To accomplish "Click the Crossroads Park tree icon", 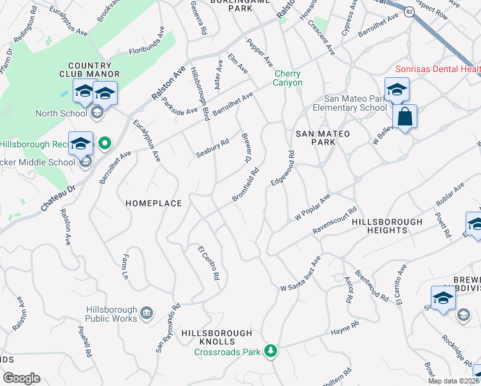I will (271, 351).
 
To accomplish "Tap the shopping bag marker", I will (404, 118).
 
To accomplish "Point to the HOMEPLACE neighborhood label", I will (154, 203).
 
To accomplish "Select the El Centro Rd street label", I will (209, 262).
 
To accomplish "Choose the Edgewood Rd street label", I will (282, 169).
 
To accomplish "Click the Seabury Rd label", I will (212, 149).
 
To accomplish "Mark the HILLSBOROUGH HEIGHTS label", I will (388, 226).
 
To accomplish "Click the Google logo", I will (21, 378).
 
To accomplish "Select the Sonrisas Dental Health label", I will (438, 69).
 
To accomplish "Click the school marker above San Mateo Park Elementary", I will (397, 90).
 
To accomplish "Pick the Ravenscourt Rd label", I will (334, 220).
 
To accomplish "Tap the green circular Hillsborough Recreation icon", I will (103, 142).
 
